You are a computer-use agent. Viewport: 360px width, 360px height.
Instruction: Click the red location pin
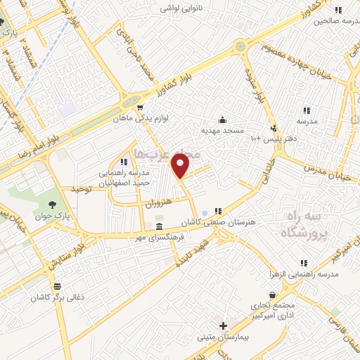pos(181,166)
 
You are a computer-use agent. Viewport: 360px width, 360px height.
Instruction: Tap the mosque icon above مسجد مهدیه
pos(222,119)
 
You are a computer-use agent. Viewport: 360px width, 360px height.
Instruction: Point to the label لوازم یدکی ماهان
pos(140,120)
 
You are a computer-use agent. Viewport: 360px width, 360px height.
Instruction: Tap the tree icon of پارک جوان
pos(53,204)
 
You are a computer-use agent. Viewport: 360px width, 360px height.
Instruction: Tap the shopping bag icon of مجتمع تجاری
pos(271,295)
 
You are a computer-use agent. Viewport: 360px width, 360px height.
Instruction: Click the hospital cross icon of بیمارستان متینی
pos(223,326)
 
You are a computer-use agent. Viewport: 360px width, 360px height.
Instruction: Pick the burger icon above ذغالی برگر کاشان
pos(57,286)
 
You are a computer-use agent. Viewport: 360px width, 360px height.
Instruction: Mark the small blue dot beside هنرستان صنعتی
pos(205,212)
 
